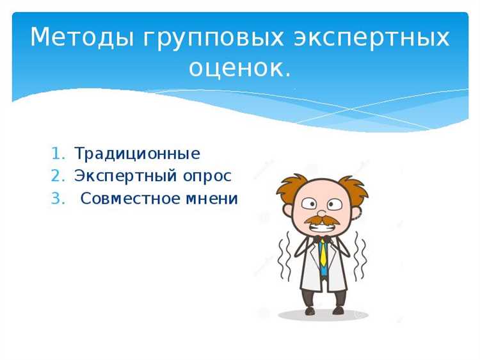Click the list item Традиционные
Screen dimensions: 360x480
137,154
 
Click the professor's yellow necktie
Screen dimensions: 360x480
324,253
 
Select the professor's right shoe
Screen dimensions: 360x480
339,311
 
